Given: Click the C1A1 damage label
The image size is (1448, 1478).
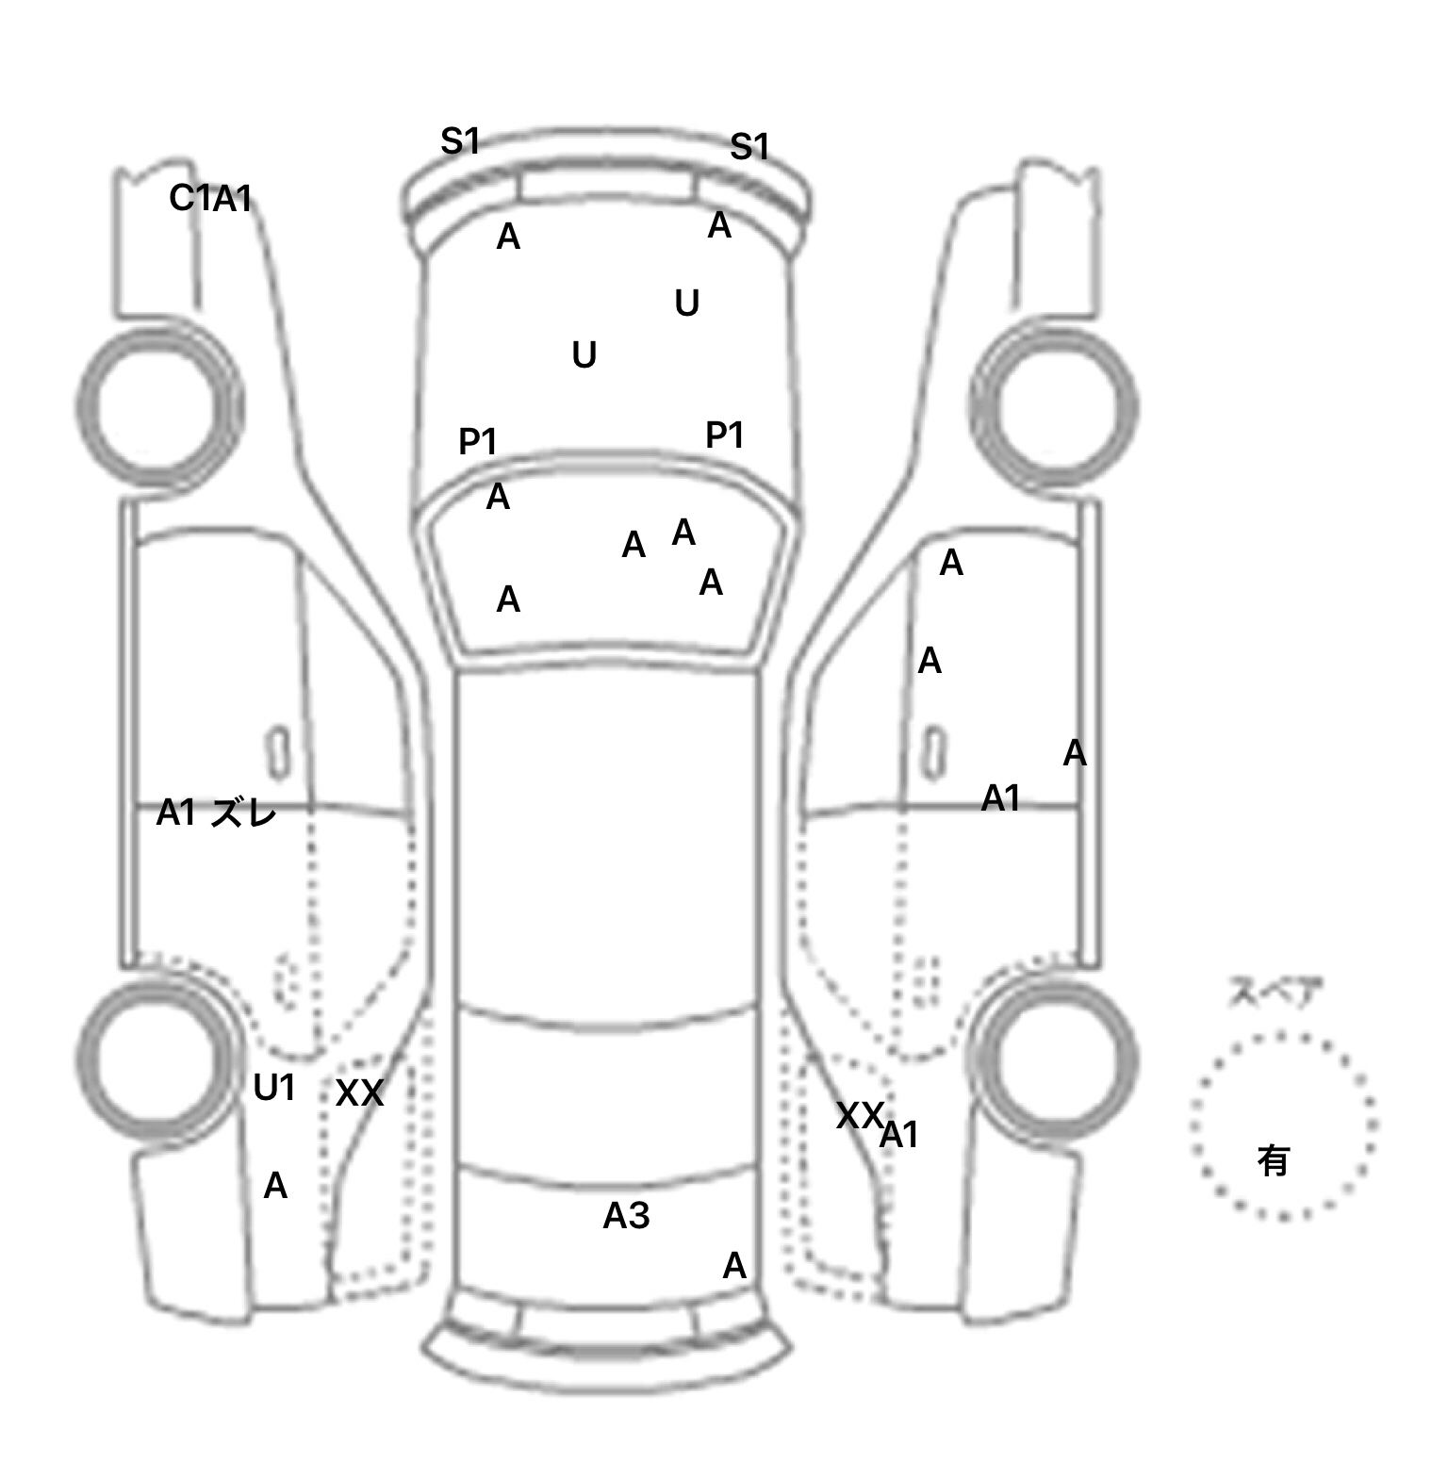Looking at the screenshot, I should click(x=210, y=198).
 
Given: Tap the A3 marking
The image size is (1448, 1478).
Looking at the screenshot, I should click(x=626, y=1216).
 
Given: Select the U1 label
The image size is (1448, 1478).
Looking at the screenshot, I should click(x=274, y=1088).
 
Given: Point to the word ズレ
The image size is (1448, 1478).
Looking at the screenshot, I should click(x=244, y=812).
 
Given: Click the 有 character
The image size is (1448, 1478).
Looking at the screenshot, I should click(x=1273, y=1160).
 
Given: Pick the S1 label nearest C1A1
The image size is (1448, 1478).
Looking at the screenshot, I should click(x=460, y=141).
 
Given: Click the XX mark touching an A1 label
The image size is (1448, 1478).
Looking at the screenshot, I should click(x=858, y=1115).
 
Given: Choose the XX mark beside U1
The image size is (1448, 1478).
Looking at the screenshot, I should click(x=359, y=1093).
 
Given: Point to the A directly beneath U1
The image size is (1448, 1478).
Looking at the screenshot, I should click(x=274, y=1185).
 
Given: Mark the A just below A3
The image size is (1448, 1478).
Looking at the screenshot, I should click(x=733, y=1265).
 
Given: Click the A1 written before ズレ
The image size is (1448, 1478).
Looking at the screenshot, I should click(x=175, y=812).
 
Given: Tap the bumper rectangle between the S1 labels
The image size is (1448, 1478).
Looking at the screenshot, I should click(x=607, y=186).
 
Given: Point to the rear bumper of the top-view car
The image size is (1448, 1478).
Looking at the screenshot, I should click(x=607, y=1348).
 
